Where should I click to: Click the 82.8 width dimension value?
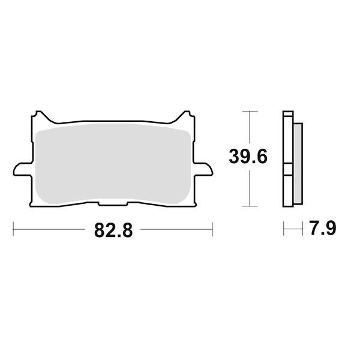113,230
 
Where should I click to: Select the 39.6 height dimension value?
248,157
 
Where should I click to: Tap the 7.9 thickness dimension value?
323,228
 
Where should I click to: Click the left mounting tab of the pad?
22,169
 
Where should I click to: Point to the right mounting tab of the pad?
203,169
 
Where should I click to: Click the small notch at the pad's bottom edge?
113,204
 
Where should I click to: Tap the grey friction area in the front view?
113,164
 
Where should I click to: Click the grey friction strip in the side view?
298,163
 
